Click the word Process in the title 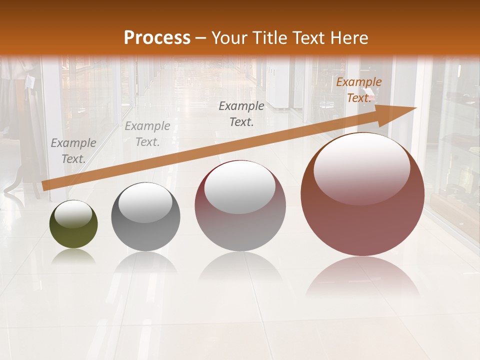pos(157,37)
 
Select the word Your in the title pos(228,37)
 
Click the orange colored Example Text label pos(359,90)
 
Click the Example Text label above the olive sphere pos(73,150)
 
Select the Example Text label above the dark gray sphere pos(147,134)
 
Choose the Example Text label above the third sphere pos(241,113)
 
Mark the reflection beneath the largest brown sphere pos(362,277)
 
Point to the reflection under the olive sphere pos(73,257)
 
